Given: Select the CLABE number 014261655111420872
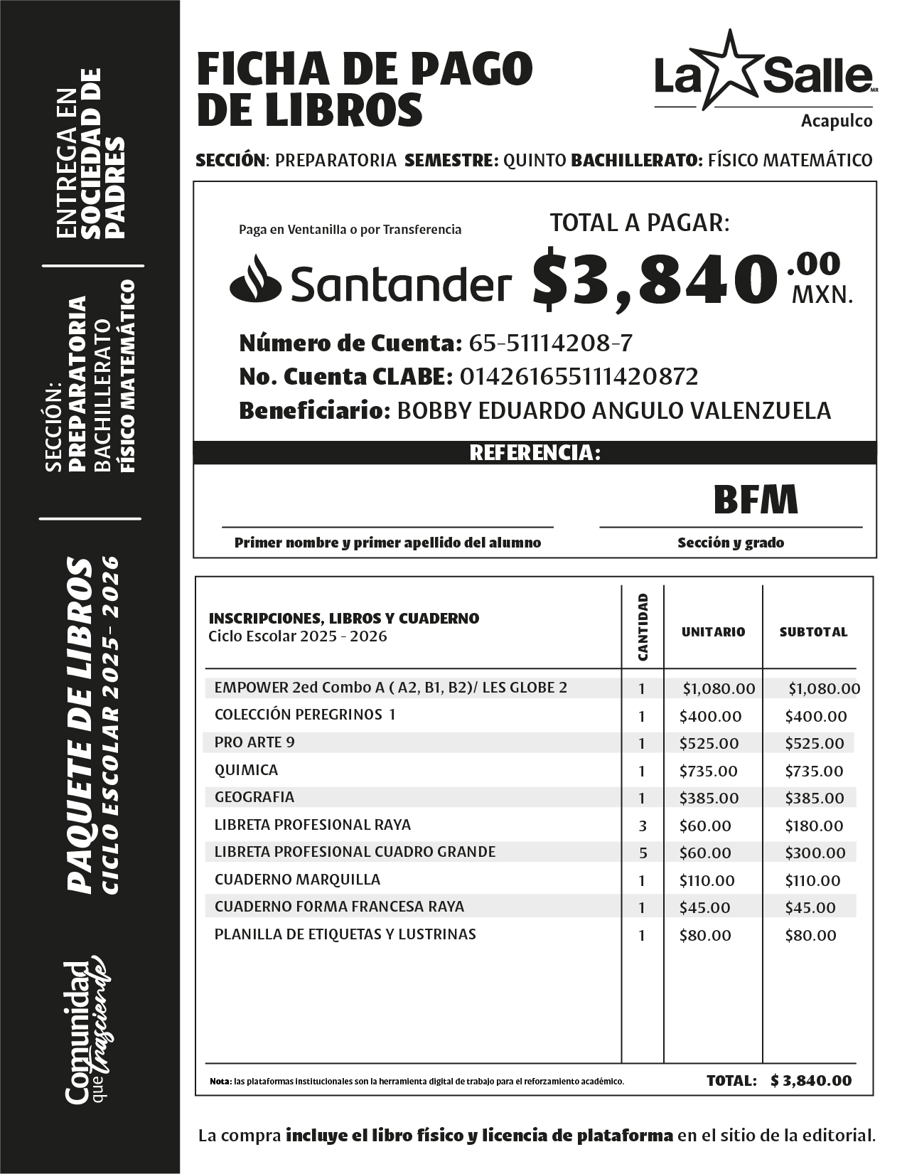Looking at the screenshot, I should [x=579, y=377].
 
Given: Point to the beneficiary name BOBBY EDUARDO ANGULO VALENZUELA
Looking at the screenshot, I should [x=613, y=410].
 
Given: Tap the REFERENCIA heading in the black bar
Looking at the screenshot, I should [x=535, y=453].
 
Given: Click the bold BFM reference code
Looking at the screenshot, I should [x=756, y=500].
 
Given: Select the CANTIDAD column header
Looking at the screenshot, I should [x=643, y=627].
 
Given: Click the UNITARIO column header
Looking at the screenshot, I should [x=713, y=631].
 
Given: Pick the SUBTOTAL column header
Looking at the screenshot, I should [x=813, y=631].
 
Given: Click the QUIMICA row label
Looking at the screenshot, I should [x=246, y=770].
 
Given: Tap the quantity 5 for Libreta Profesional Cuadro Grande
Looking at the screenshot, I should [x=642, y=853].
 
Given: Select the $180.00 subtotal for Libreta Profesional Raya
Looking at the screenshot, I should [x=814, y=826].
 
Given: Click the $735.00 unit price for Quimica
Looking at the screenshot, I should [x=708, y=771].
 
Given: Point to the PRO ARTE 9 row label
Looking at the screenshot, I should [x=254, y=742].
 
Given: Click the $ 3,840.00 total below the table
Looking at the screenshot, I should [x=810, y=1081].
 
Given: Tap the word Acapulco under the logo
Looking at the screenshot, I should [x=837, y=121].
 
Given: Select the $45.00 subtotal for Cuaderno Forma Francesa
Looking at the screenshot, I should [x=810, y=907].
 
